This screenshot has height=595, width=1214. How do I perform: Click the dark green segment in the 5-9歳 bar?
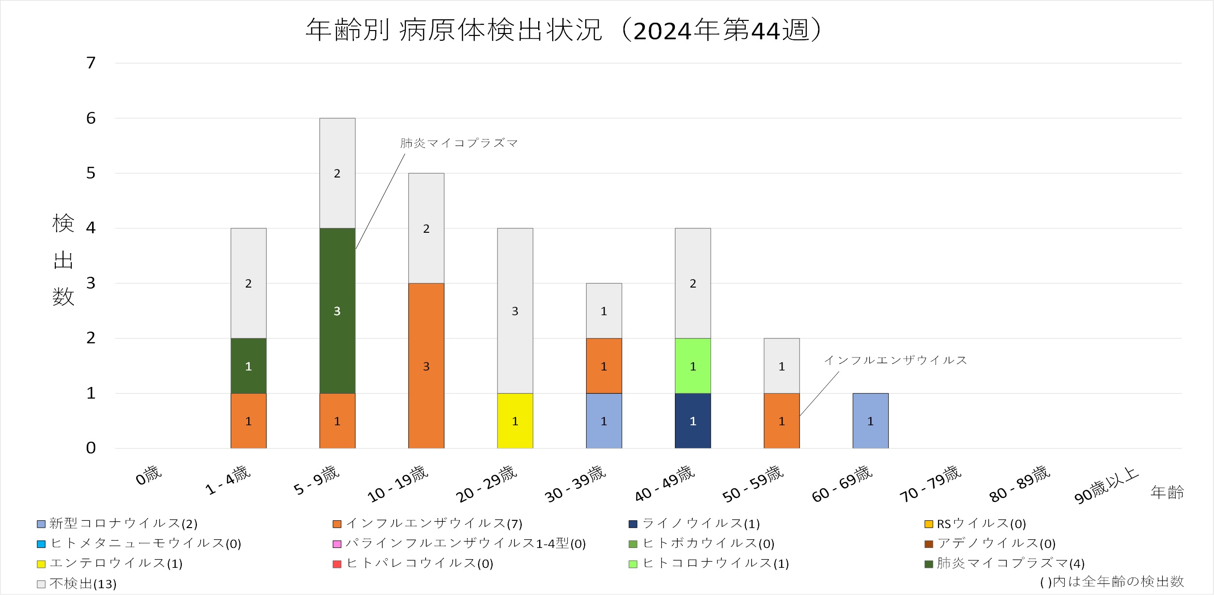337,310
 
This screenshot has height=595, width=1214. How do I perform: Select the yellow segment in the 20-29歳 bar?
515,421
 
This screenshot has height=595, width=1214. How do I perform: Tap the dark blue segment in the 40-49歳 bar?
693,421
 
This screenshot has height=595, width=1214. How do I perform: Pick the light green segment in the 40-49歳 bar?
693,366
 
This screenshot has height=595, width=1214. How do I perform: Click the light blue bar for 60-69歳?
870,421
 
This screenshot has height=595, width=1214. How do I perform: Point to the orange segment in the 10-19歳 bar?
426,366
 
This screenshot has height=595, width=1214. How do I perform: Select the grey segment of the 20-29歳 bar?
515,310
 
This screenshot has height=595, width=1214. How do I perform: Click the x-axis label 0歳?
148,476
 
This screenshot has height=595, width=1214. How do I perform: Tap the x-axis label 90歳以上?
1106,485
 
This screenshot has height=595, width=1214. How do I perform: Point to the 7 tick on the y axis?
91,63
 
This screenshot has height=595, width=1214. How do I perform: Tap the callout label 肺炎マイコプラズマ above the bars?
459,143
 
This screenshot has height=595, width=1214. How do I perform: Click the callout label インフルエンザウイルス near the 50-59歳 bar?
895,360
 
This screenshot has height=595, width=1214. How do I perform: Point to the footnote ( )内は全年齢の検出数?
1112,581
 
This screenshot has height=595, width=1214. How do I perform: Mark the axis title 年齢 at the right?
1167,493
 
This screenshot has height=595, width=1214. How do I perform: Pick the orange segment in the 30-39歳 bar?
604,366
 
